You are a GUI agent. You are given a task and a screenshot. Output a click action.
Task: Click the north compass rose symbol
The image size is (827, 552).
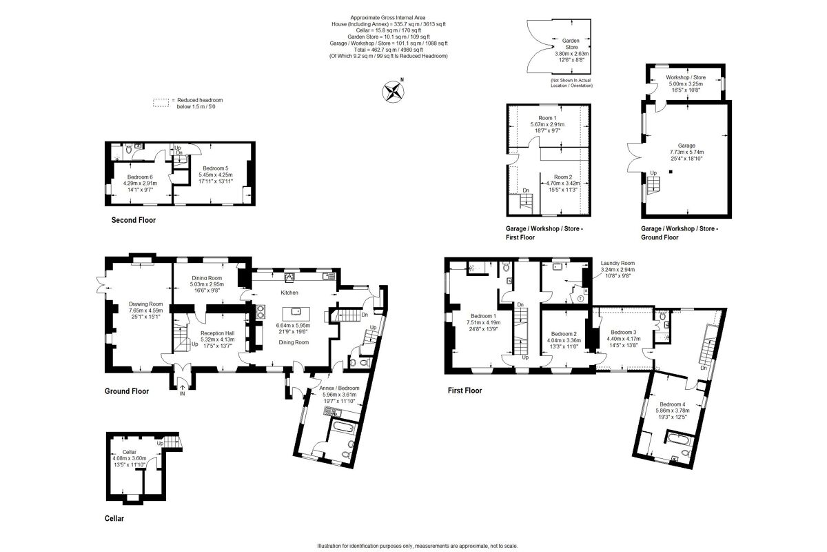point(393,91)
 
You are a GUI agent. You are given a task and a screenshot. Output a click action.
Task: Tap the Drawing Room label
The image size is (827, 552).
point(146,304)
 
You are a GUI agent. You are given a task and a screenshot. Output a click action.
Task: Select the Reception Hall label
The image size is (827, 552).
point(217,332)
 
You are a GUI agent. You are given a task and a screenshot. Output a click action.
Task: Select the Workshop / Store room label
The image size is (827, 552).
point(685,77)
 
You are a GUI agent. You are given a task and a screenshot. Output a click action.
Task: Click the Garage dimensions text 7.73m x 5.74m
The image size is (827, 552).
point(686,152)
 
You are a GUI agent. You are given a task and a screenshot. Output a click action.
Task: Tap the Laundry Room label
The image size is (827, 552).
point(617,263)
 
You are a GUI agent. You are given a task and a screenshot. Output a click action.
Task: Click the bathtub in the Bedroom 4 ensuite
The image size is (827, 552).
point(680,439)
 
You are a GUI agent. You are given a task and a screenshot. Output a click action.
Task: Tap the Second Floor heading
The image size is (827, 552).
point(133,221)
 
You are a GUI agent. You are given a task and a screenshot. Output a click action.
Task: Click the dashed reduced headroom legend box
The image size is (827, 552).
point(161,103)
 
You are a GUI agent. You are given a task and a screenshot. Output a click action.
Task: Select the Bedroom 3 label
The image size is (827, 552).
point(623,332)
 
